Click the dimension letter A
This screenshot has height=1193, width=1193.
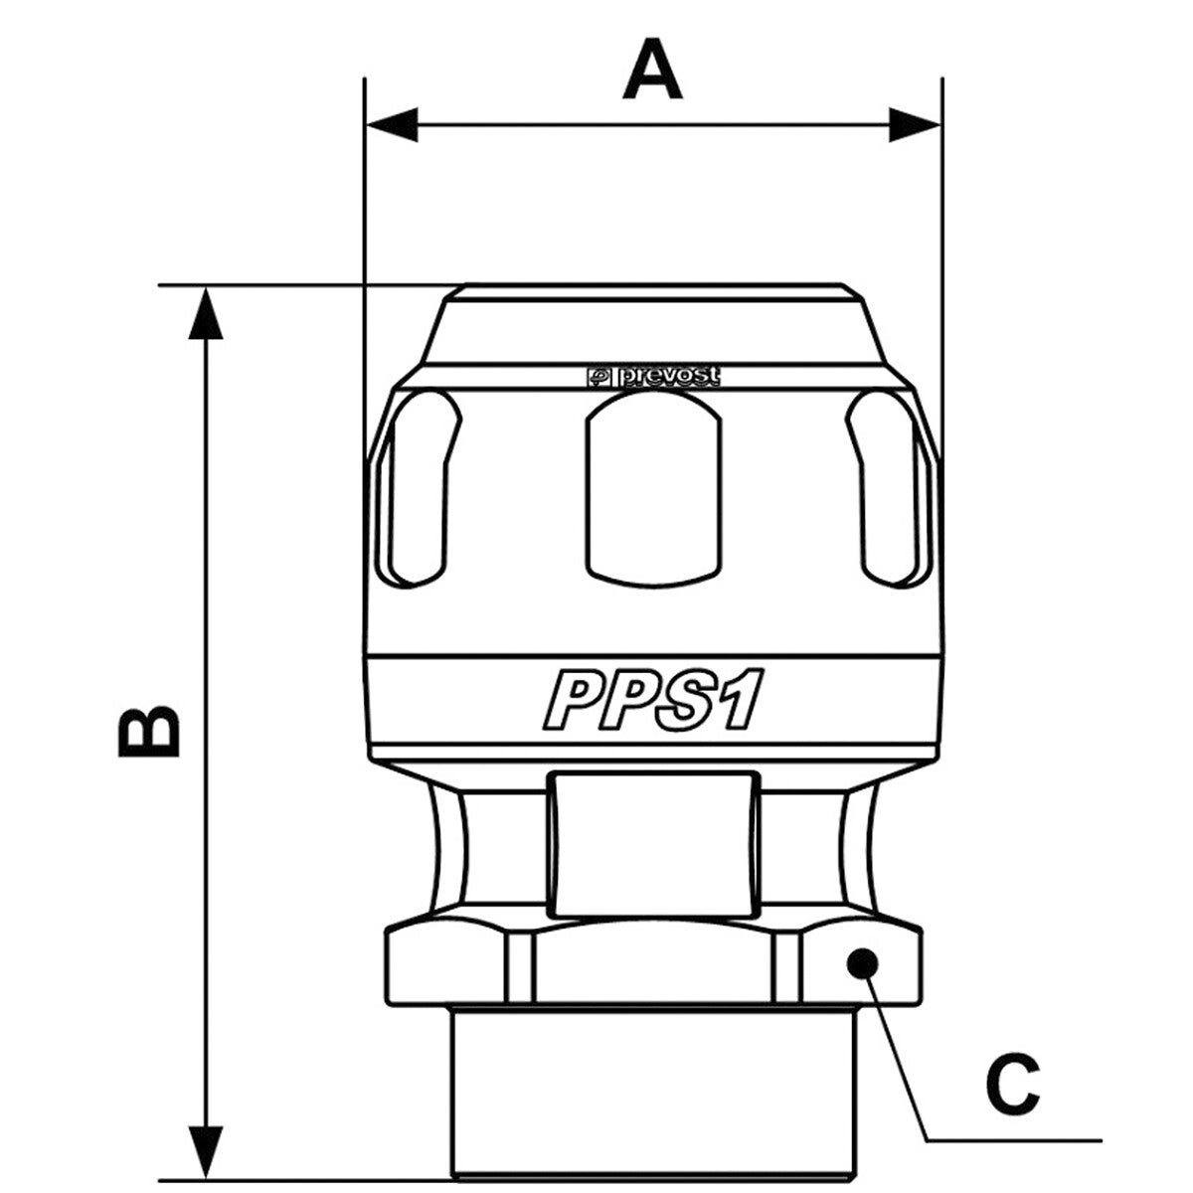pyautogui.click(x=652, y=70)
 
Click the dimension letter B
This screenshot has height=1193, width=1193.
pyautogui.click(x=149, y=730)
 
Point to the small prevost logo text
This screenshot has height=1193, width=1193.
pyautogui.click(x=654, y=377)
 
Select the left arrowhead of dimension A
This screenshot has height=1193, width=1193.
pyautogui.click(x=392, y=124)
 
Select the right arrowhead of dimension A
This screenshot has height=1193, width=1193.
pyautogui.click(x=915, y=124)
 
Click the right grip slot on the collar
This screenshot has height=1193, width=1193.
pyautogui.click(x=889, y=489)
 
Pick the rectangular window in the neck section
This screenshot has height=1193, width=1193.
pyautogui.click(x=654, y=844)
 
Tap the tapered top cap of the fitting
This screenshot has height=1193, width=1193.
pyautogui.click(x=654, y=323)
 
